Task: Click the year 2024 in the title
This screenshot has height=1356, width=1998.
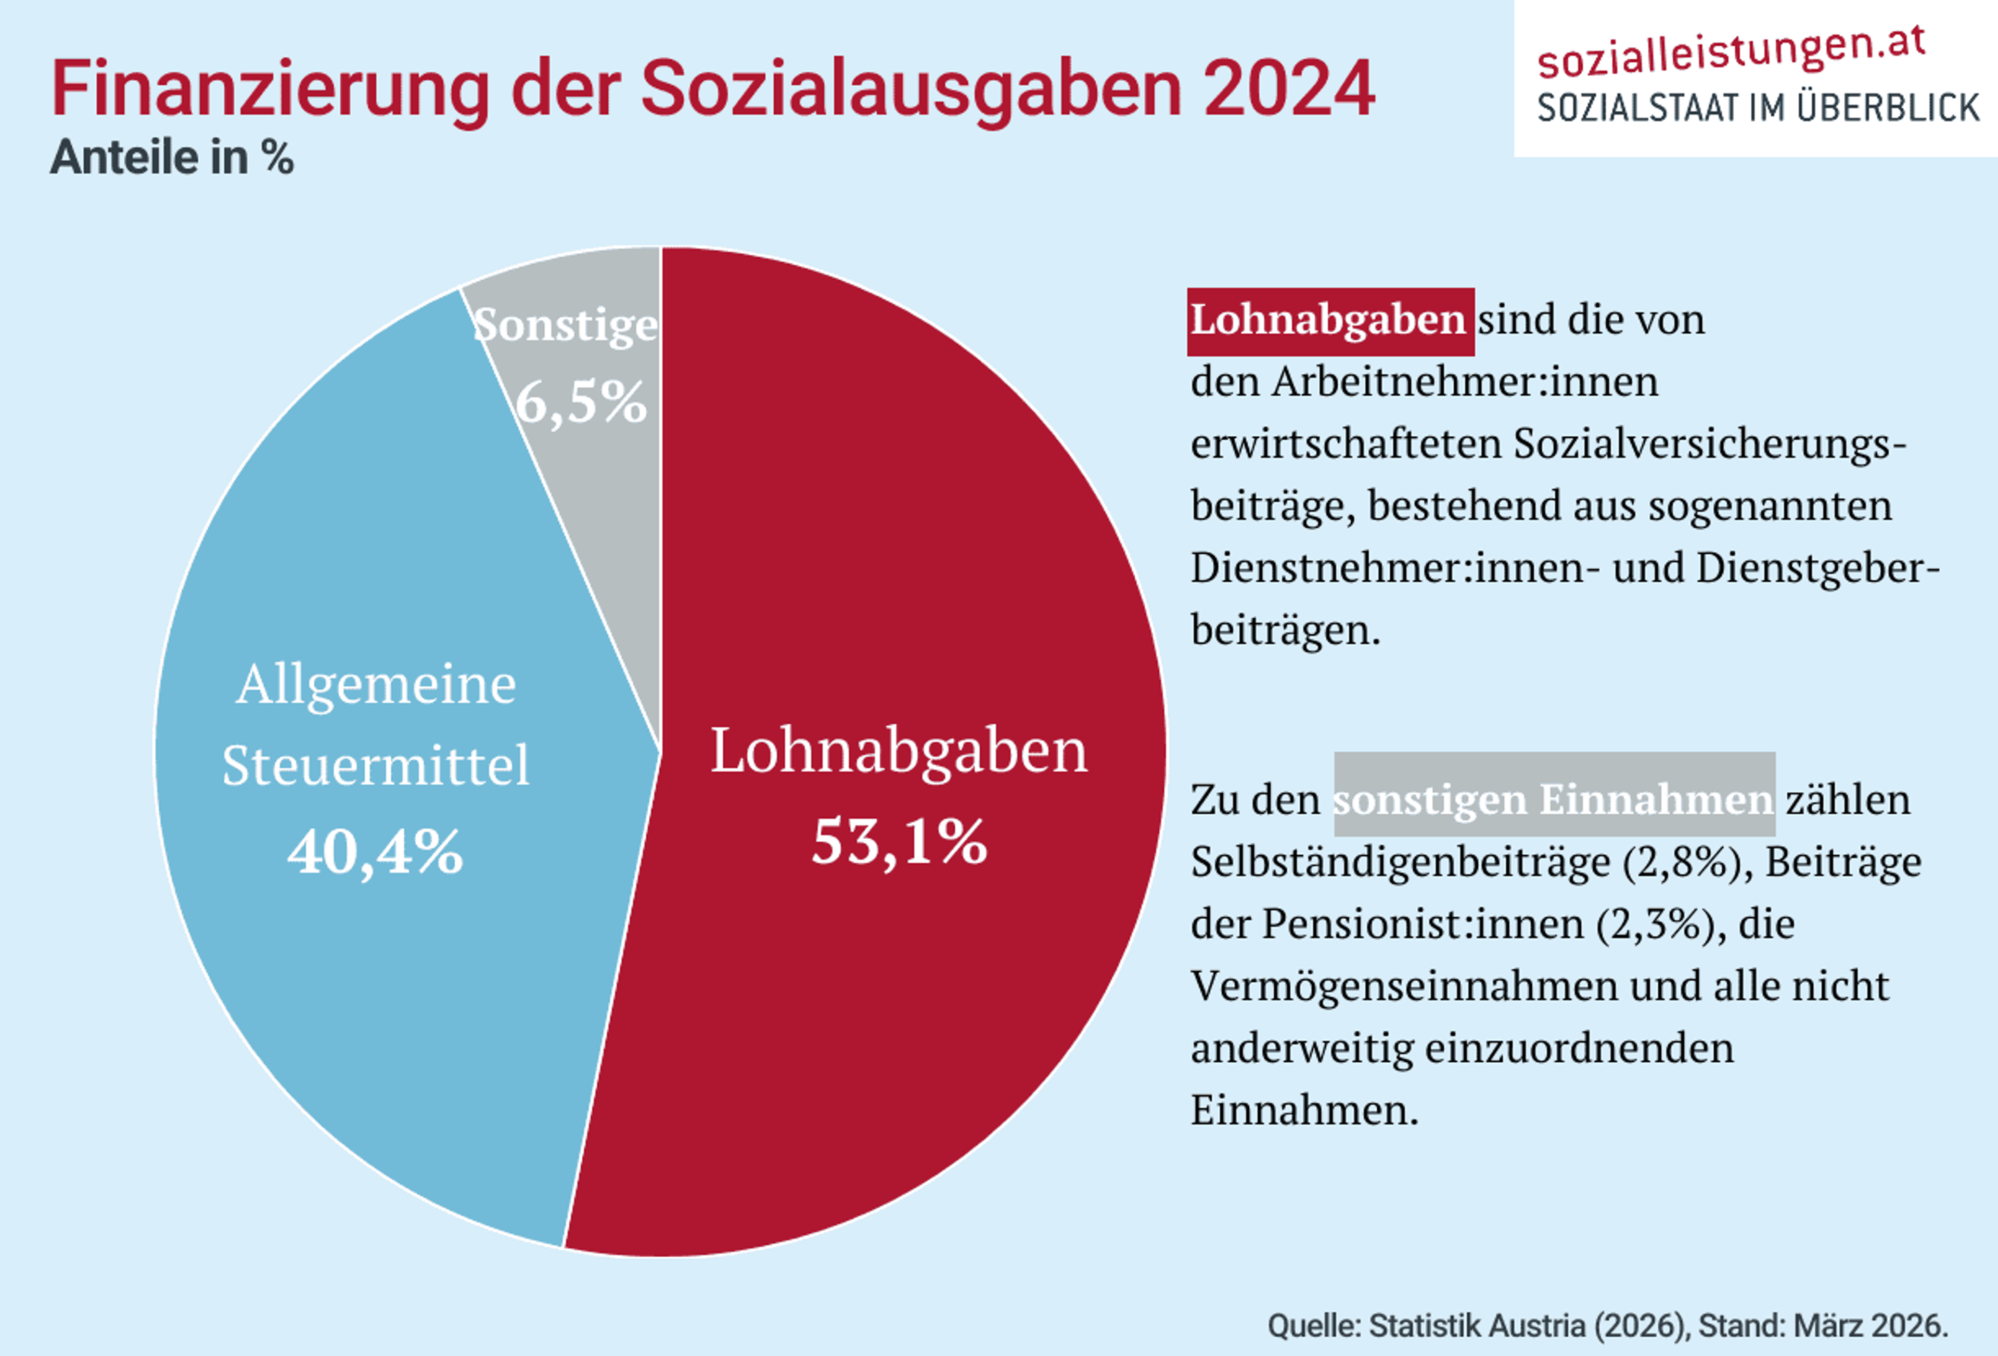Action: point(1289,89)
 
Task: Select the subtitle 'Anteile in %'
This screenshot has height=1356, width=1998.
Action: point(172,157)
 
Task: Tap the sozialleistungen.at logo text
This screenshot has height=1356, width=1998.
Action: point(1731,51)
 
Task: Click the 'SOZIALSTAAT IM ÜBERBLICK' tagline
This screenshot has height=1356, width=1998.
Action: point(1758,108)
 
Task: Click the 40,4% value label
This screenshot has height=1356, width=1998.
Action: point(376,853)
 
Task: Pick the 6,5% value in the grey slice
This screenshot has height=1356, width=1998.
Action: point(581,402)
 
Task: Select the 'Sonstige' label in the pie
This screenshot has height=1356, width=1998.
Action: point(566,325)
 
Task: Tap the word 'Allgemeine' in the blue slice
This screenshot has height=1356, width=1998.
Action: point(376,685)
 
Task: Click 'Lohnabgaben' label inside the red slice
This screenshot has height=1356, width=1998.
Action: point(899,751)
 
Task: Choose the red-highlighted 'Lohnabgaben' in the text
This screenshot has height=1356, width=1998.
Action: point(1328,320)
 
